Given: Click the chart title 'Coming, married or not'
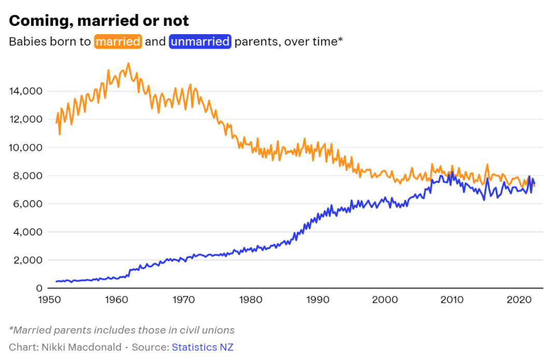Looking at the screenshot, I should coord(99,21).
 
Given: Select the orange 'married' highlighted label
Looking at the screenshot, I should coord(118,41).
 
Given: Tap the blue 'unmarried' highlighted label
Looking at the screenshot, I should coord(200,41).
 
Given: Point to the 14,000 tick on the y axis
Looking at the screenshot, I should coord(26,91).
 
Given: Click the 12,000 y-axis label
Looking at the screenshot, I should coord(26,119).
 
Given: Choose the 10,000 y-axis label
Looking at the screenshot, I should coord(26,147).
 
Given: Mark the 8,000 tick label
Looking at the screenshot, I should coord(28,176).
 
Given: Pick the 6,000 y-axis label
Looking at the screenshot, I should coord(28,204).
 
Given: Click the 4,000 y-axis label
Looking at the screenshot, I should coord(28,232).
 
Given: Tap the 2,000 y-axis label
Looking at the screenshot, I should coord(28,260).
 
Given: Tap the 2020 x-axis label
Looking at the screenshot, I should coord(520,300).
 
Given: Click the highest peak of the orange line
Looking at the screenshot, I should coord(129,64).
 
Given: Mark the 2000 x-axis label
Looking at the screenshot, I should coord(385,300).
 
